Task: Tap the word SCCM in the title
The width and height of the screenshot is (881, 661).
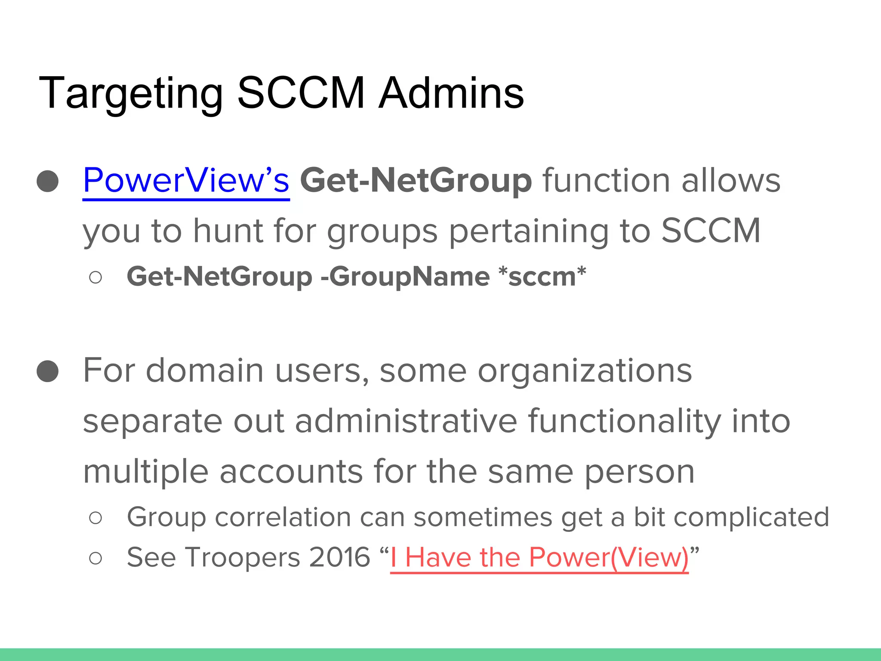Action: coord(301,93)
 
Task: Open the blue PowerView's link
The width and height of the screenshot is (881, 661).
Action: coord(186,181)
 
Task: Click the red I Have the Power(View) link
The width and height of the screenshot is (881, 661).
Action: coord(539,558)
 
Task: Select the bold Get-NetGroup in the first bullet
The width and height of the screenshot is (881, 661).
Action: coord(416,181)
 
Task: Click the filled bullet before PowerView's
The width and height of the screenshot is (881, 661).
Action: coord(48,181)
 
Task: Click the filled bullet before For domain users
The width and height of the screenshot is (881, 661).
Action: coord(48,371)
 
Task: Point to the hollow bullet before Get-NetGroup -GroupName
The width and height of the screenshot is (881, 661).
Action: coord(95,277)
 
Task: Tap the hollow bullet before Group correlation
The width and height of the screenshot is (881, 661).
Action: coord(95,518)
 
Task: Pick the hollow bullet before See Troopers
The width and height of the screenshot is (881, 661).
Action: coord(95,558)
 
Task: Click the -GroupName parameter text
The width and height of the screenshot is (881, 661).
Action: coord(405,276)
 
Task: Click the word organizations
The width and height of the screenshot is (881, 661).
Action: coord(585,371)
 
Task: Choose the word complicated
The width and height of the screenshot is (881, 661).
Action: coord(751,517)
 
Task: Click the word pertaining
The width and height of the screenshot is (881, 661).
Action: coord(529,232)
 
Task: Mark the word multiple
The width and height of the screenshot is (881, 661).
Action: coord(145,472)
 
